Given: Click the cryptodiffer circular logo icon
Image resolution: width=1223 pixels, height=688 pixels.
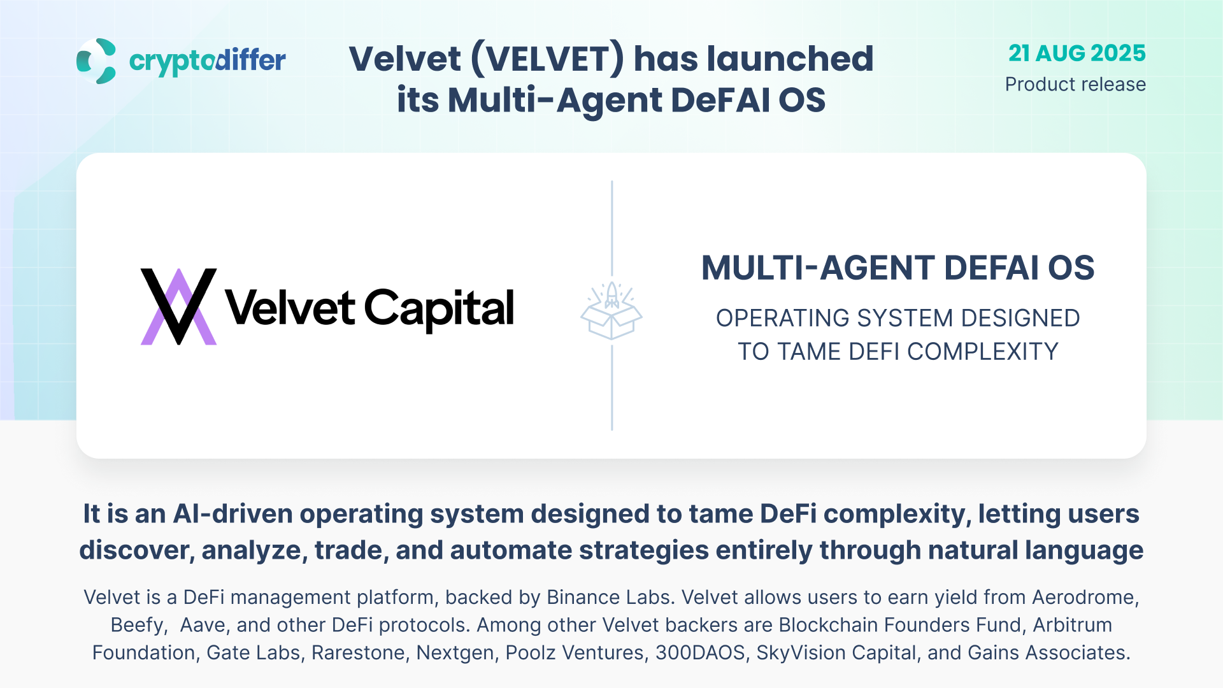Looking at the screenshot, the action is point(96,61).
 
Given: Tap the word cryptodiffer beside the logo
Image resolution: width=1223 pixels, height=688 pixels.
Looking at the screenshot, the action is point(208,61).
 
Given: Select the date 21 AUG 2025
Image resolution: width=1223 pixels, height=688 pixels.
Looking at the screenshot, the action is point(1077,53).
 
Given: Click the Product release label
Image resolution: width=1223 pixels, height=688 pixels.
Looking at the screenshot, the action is point(1075,84).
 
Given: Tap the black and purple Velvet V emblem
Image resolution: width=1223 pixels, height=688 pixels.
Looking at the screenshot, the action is point(178,306).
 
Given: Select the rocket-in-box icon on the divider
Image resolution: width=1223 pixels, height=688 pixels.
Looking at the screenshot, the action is point(611,311).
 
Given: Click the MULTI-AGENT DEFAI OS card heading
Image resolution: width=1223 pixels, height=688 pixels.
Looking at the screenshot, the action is point(898,268).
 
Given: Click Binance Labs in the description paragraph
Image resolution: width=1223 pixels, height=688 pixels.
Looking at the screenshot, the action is point(608,597).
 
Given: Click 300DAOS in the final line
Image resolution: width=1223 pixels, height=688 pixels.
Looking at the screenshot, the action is point(700,652).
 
